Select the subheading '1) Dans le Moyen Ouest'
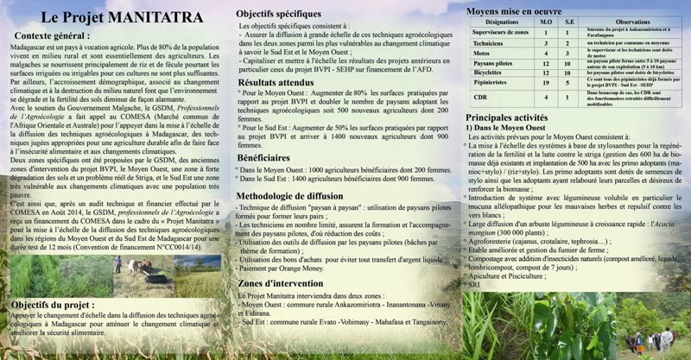pos(505,128)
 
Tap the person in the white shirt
pos(667,338)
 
